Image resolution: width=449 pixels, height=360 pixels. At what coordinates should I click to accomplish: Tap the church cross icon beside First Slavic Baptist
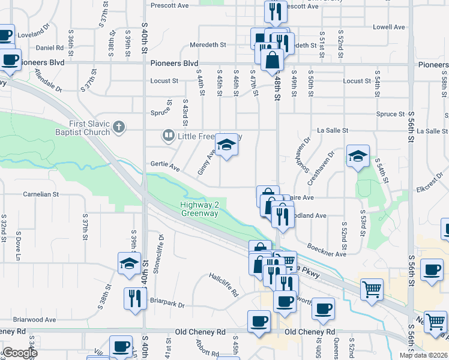[119, 127]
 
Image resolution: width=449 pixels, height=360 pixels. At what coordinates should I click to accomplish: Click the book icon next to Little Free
[167, 137]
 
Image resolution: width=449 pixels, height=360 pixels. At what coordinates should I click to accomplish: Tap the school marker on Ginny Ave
[226, 146]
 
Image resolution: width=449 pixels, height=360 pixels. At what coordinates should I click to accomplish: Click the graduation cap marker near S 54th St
[358, 157]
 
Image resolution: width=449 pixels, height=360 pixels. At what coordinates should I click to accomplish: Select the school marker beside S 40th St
[129, 264]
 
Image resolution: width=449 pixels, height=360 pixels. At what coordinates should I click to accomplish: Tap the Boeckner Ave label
[327, 250]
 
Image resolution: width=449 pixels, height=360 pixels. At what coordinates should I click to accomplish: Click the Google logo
[20, 353]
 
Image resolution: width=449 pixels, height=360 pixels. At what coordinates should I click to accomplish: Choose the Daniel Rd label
[49, 47]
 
